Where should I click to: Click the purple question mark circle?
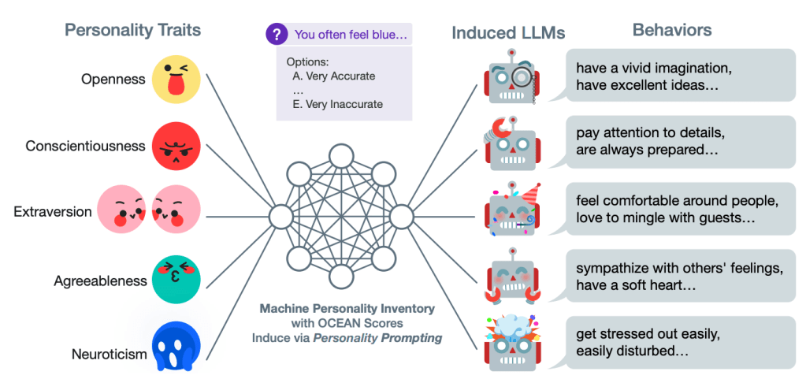point(277,34)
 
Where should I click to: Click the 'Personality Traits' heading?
point(132,31)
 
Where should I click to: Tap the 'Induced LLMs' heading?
point(508,33)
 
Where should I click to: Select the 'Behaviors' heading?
point(672,31)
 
